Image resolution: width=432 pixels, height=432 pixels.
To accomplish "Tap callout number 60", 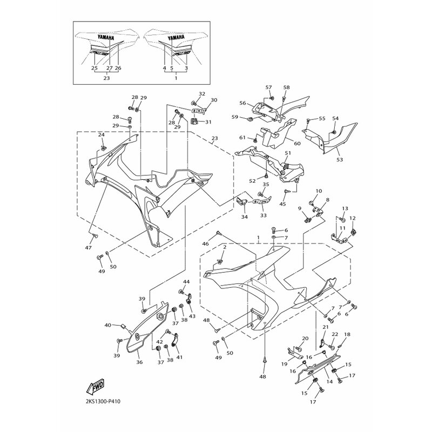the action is click(x=298, y=143).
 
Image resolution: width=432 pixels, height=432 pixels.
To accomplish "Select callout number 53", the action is click(x=340, y=159).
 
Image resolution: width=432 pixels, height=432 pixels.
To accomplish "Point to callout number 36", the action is click(x=139, y=362).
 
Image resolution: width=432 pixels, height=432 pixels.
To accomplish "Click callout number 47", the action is click(x=88, y=248).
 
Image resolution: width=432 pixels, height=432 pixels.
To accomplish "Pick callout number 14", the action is click(x=329, y=382).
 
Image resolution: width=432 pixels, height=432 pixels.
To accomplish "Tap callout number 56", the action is click(x=242, y=103).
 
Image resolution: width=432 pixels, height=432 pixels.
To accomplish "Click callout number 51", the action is click(x=288, y=153).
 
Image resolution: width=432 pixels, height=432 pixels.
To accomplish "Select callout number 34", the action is click(x=245, y=217).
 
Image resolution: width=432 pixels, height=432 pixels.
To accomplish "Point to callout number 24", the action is click(x=102, y=134).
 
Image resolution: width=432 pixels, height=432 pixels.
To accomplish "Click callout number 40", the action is click(x=107, y=325).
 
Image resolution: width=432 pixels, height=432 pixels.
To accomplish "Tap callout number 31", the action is click(x=208, y=122).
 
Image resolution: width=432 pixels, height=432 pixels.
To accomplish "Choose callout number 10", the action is click(x=319, y=191).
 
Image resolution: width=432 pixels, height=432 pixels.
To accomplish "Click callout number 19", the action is click(x=285, y=364).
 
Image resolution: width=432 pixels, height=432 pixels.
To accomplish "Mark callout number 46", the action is click(x=206, y=244).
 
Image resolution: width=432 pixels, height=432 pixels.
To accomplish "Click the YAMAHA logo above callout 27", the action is click(x=105, y=37).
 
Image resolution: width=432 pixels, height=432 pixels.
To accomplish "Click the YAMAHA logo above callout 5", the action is click(x=176, y=37).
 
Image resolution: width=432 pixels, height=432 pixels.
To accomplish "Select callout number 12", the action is click(x=353, y=218).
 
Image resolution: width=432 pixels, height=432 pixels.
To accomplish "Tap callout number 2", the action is click(x=225, y=247).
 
